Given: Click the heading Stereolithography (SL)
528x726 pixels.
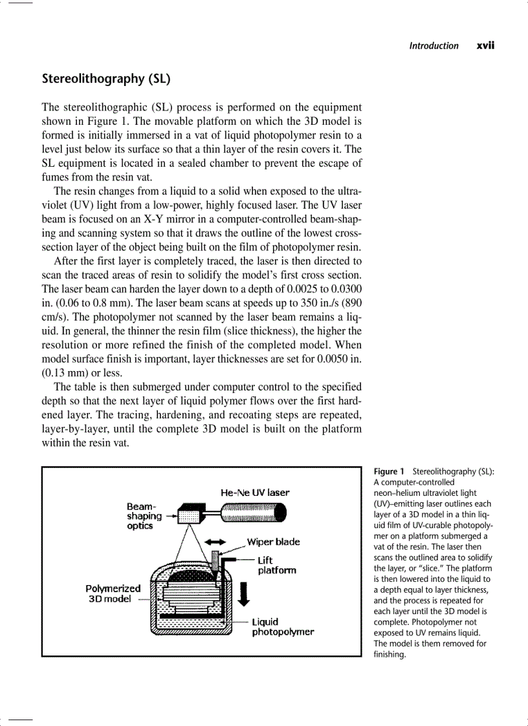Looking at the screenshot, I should click(x=105, y=79).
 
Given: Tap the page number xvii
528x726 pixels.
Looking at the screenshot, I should click(x=485, y=45).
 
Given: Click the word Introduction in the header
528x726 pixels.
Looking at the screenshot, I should click(x=434, y=45).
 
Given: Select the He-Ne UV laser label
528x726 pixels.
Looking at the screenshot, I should click(x=255, y=493).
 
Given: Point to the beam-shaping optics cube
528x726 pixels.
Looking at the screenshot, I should click(x=190, y=515).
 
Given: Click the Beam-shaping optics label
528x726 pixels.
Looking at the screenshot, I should click(x=144, y=516).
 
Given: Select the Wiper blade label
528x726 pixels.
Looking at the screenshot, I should click(x=273, y=542).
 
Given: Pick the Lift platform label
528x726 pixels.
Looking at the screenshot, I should click(x=276, y=565).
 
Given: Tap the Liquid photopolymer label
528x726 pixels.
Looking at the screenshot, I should click(x=282, y=626).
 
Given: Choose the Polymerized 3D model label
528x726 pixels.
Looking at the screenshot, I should click(x=113, y=593).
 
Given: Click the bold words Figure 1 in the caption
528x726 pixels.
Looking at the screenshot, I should click(x=389, y=471).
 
